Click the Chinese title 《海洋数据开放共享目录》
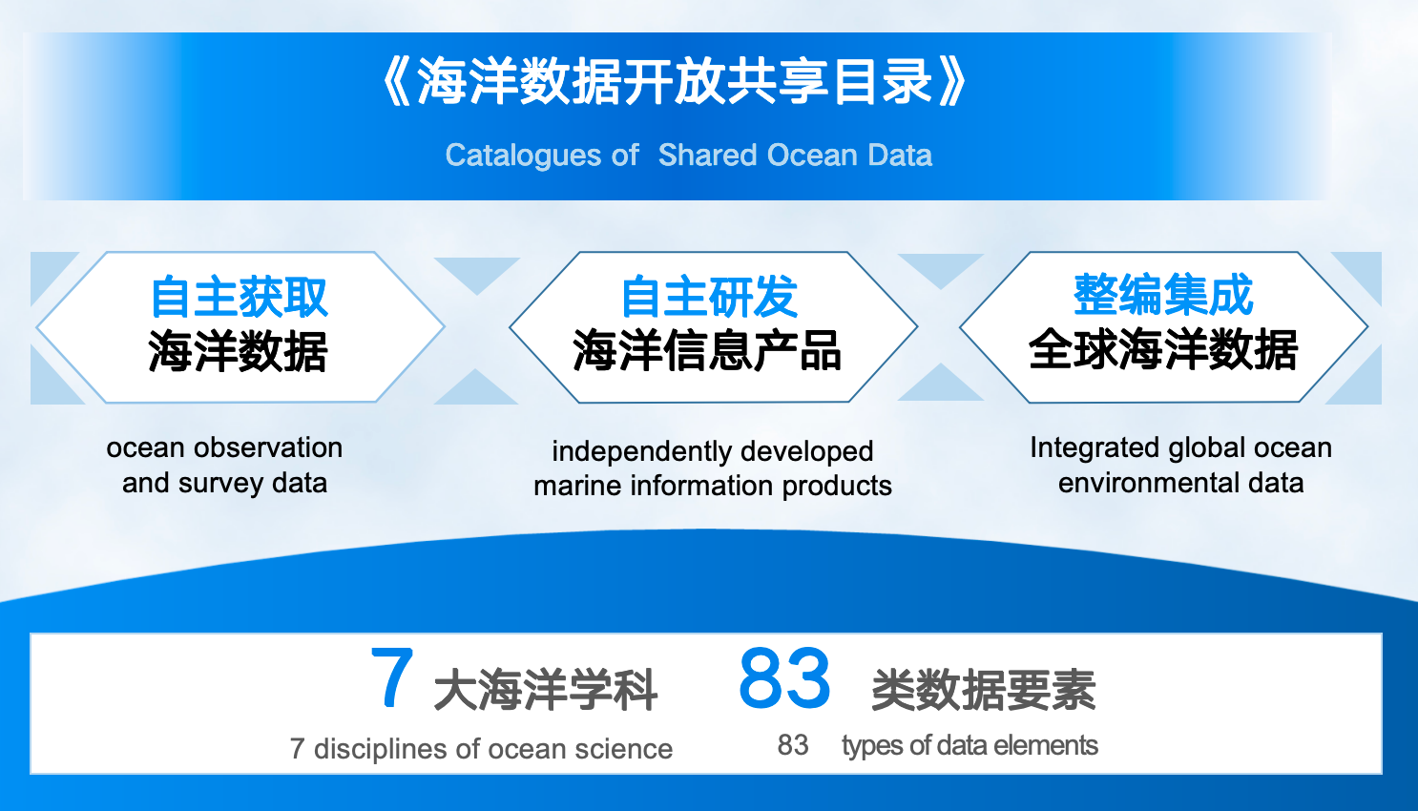[674, 82]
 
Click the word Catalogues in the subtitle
[523, 156]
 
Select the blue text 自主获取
[239, 297]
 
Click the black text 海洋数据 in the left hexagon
[238, 351]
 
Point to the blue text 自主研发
[709, 297]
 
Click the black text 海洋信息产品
[707, 351]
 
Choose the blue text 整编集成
[1163, 295]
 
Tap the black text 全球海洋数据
[1163, 349]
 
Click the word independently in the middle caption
[642, 452]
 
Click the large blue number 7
[392, 676]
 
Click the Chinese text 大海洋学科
[545, 690]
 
